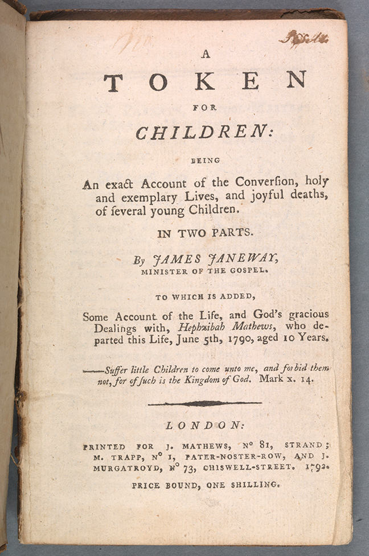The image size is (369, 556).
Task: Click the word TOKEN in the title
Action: [x=204, y=83]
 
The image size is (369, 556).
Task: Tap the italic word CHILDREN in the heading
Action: [x=200, y=133]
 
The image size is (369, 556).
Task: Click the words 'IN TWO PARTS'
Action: [x=204, y=232]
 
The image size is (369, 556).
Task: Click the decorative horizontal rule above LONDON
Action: [x=204, y=403]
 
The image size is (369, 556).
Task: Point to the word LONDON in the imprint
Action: [x=204, y=425]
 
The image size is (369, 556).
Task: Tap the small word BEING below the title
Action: [x=205, y=160]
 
